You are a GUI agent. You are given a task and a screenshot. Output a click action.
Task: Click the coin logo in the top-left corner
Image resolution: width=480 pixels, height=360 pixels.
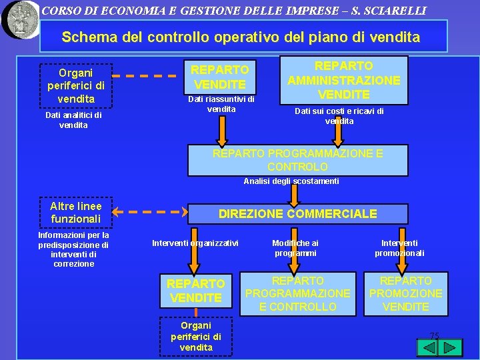pos(20,19)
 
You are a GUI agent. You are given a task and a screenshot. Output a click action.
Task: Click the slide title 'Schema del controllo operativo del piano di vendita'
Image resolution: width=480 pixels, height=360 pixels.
pos(241,37)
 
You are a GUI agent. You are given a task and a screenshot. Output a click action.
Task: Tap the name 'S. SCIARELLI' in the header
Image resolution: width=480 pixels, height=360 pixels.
pos(390,11)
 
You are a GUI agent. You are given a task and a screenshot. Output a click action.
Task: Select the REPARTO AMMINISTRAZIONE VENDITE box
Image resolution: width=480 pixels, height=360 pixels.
pos(343,80)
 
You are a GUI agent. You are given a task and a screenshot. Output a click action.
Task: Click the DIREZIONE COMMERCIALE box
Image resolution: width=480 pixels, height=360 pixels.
pos(297,214)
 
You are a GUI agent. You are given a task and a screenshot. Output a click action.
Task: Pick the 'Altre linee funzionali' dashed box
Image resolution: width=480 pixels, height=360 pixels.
pos(75,213)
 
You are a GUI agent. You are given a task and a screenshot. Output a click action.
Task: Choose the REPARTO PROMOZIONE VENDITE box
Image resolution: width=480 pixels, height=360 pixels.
pos(405,293)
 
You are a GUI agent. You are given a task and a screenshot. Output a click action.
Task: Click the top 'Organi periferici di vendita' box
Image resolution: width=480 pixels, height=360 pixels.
pos(76,85)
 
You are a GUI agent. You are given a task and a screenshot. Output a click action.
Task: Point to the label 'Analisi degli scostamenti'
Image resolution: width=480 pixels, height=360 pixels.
pos(291,181)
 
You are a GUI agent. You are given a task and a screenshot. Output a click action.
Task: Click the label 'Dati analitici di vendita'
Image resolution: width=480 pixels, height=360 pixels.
pos(73,120)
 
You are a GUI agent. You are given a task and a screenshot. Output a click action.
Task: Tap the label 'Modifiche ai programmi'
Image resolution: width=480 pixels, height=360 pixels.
pos(295,248)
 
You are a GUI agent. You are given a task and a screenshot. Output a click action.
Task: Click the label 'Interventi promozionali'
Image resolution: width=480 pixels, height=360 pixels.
pos(399,248)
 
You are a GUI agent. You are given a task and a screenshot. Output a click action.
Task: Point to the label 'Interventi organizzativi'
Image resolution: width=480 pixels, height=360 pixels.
pos(195,243)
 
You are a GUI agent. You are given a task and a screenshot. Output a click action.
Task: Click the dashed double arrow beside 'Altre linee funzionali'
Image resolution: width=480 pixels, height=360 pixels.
pos(150,213)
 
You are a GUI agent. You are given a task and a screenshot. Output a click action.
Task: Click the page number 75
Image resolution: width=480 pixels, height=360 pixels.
pos(434,336)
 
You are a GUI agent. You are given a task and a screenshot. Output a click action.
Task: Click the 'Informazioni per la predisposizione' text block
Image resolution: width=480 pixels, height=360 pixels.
pos(73,249)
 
